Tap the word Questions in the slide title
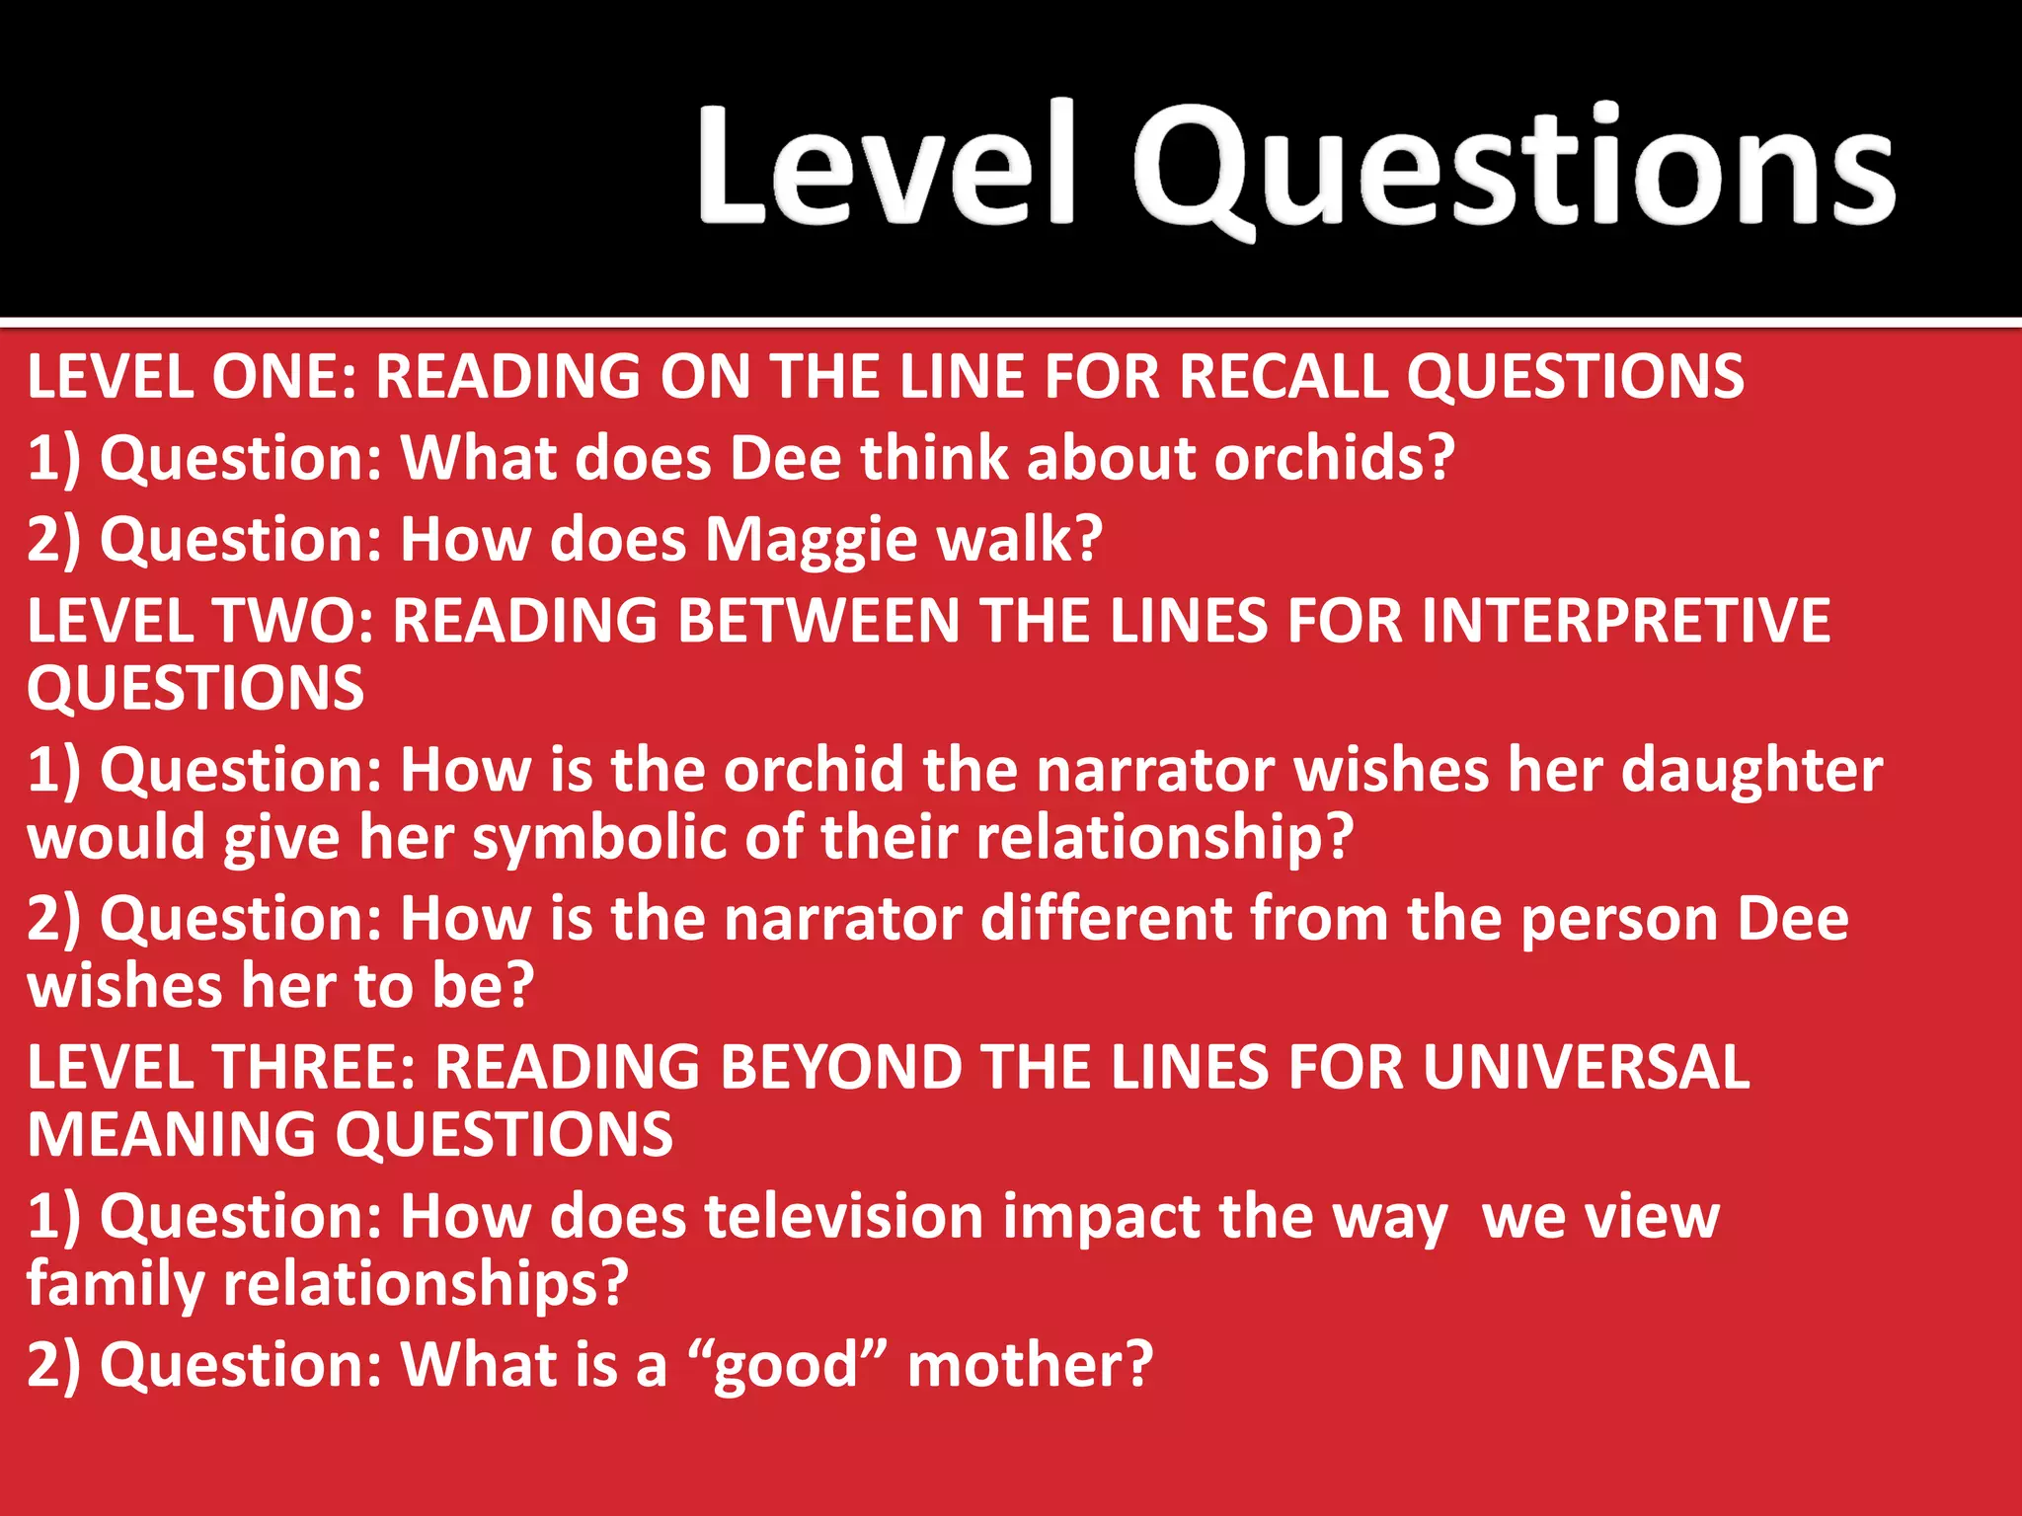point(1513,168)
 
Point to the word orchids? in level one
point(1334,459)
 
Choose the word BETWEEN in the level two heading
point(818,622)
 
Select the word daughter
point(1751,770)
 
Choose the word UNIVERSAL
point(1586,1068)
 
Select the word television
point(843,1217)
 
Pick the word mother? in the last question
point(1030,1366)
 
